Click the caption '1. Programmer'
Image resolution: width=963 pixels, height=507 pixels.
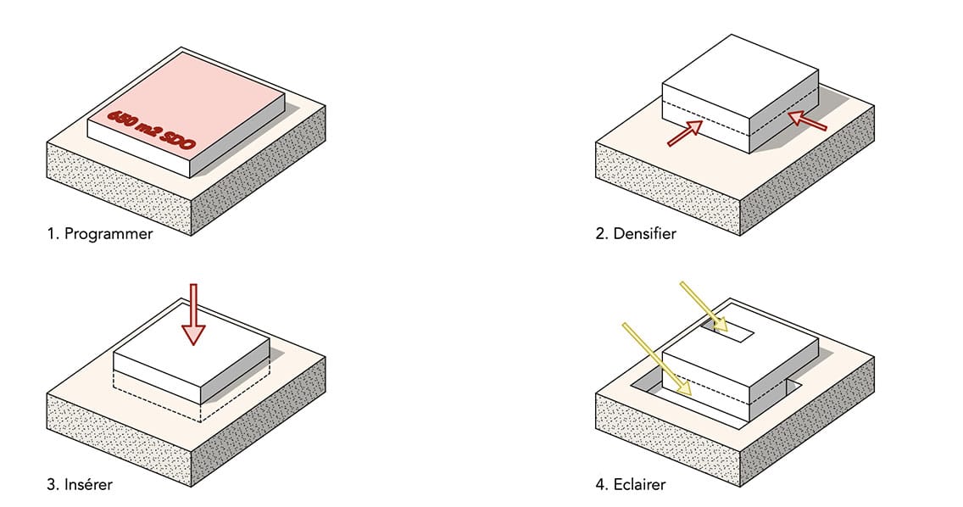[100, 234]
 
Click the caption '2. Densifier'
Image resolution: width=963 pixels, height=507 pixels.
[636, 234]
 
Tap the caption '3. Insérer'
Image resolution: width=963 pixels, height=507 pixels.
[81, 485]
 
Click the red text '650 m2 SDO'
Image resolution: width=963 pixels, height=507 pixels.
[151, 130]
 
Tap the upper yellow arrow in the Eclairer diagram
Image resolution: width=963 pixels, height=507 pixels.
[704, 306]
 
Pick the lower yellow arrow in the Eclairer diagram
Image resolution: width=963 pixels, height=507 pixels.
[658, 359]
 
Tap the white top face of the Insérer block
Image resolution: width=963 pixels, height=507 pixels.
[192, 352]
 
